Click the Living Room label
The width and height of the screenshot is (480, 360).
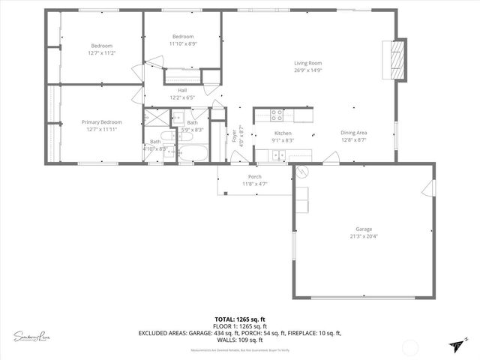tap(307, 63)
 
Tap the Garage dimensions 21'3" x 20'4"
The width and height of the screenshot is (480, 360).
tap(364, 236)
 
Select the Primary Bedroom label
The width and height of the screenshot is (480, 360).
tap(101, 121)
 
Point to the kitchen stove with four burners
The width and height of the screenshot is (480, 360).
tap(277, 115)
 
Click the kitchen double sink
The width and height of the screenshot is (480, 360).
tap(277, 155)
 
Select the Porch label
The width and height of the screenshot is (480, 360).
tap(255, 177)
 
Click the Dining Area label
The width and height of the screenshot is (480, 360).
tap(353, 132)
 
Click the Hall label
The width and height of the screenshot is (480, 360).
tap(182, 90)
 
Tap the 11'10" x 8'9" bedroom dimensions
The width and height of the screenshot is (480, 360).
tap(183, 44)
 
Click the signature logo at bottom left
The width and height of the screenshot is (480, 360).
tap(31, 335)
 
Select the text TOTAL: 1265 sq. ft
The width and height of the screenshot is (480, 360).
tap(239, 319)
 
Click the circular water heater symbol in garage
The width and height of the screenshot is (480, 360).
tap(302, 172)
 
